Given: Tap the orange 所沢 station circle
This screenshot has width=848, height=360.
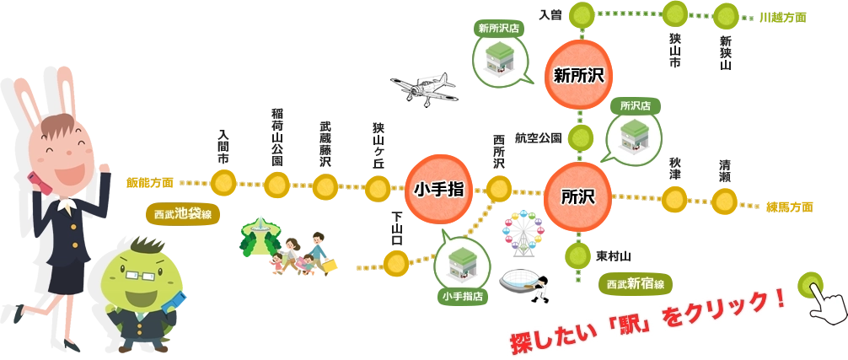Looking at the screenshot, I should [x=578, y=197].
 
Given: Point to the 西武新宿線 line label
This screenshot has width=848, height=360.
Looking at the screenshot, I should [x=636, y=284].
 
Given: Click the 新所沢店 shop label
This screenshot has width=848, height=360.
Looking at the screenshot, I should [x=499, y=28].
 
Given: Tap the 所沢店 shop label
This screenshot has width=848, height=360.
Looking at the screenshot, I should [x=635, y=106].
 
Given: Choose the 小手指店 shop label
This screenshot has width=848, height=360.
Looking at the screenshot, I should [x=461, y=296].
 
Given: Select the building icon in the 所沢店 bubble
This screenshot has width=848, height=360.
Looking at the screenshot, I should [x=633, y=136].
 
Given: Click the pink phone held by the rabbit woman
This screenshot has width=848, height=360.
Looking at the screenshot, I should [x=35, y=180].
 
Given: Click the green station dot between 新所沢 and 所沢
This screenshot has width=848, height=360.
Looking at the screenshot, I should [x=579, y=136].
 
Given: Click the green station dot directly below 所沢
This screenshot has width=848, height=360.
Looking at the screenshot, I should [x=578, y=254].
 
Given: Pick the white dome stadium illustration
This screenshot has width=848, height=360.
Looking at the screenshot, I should [x=521, y=281].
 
